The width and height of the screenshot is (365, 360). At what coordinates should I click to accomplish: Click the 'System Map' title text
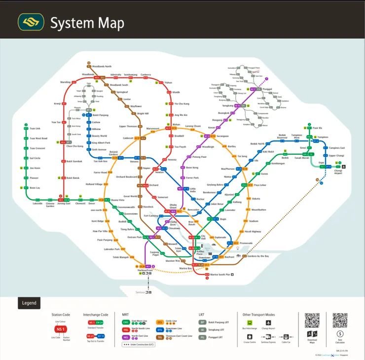click(x=87, y=23)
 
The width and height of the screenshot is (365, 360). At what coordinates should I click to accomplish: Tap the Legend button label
click(x=29, y=303)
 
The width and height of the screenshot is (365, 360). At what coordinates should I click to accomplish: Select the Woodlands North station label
click(x=102, y=66)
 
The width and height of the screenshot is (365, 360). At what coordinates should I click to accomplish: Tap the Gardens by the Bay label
click(x=258, y=256)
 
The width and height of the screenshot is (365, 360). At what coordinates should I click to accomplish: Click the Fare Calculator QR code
click(x=340, y=321)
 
